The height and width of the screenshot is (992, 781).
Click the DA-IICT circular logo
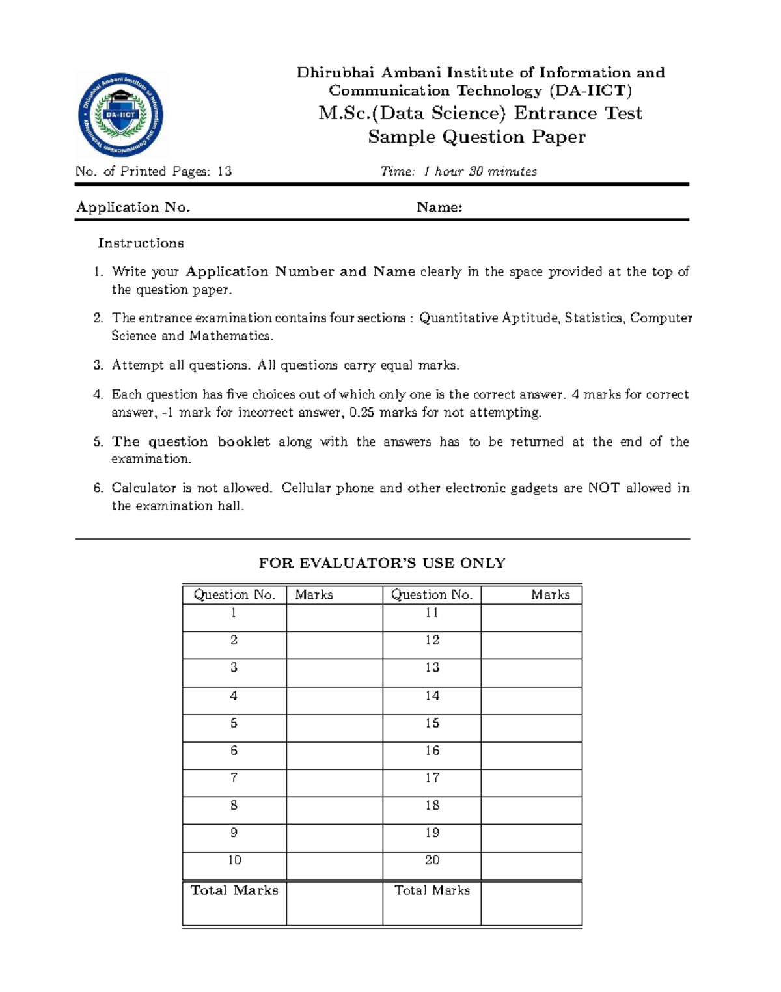coord(121,115)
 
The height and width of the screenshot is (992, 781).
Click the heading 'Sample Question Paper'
coord(476,137)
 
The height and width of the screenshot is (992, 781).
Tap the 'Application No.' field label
coord(133,207)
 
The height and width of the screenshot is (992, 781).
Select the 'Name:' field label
coord(439,207)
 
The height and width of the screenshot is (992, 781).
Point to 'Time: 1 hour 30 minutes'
coord(458,171)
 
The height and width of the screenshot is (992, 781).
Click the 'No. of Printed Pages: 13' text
coord(154,171)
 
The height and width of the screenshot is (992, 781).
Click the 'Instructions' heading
coord(141,243)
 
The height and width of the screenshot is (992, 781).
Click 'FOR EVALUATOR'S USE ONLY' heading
coord(382,563)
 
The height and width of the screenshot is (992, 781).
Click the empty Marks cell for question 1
coord(335,617)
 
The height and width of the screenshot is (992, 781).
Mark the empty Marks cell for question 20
coord(531,866)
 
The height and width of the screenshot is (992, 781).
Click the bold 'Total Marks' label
coord(234,890)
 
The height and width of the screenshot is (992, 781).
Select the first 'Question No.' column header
coord(234,594)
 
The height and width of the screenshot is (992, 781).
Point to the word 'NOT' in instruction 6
coord(603,488)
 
